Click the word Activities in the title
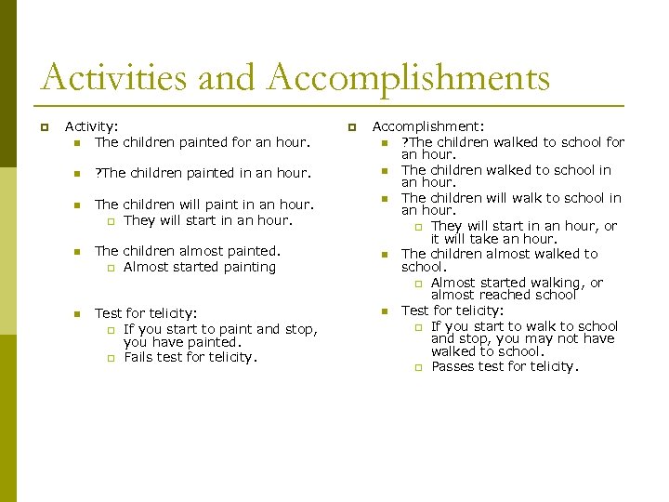pyautogui.click(x=113, y=78)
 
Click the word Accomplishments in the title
pyautogui.click(x=408, y=78)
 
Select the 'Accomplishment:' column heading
pyautogui.click(x=428, y=126)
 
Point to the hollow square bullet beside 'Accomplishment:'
pyautogui.click(x=351, y=127)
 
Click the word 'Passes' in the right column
pyautogui.click(x=453, y=366)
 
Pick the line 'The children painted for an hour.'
pyautogui.click(x=201, y=142)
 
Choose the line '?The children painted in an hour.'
pyautogui.click(x=202, y=172)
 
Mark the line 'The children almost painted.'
pyautogui.click(x=187, y=250)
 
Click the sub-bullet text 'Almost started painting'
pyautogui.click(x=200, y=267)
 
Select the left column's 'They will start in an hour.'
pyautogui.click(x=207, y=220)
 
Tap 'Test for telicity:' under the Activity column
pyautogui.click(x=145, y=313)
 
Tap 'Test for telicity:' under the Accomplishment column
pyautogui.click(x=453, y=310)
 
